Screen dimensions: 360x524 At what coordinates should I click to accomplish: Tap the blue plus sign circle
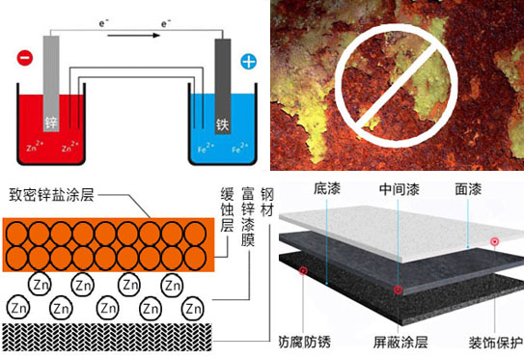[x=248, y=62]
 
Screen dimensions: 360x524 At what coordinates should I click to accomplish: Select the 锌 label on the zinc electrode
[x=52, y=124]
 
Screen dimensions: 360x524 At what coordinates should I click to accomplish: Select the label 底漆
[x=325, y=189]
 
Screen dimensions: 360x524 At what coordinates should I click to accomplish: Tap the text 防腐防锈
[x=306, y=341]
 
